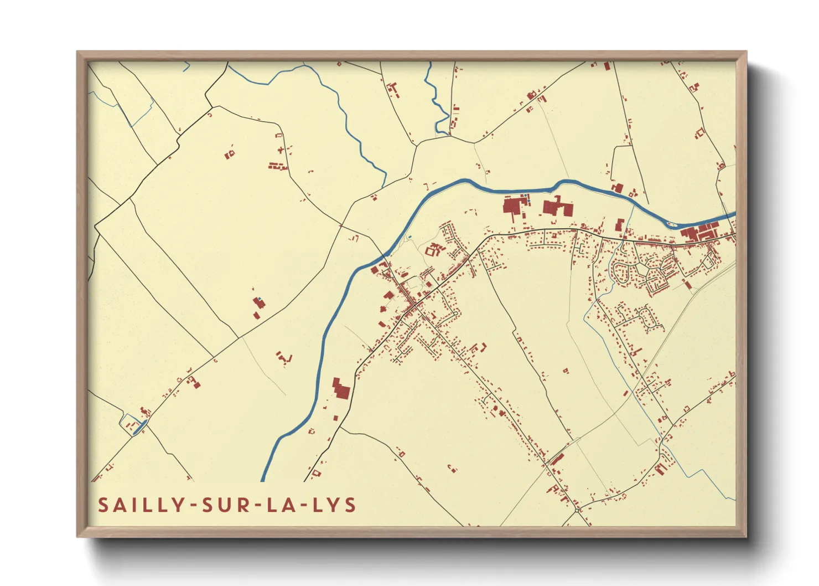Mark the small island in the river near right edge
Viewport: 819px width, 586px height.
tap(672, 224)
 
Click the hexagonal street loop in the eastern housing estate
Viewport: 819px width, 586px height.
tap(642, 271)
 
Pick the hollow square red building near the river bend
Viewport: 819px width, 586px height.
tap(431, 251)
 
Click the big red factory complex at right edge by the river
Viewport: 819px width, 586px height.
tap(699, 232)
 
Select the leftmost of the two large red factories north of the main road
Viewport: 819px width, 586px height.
tap(514, 208)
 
